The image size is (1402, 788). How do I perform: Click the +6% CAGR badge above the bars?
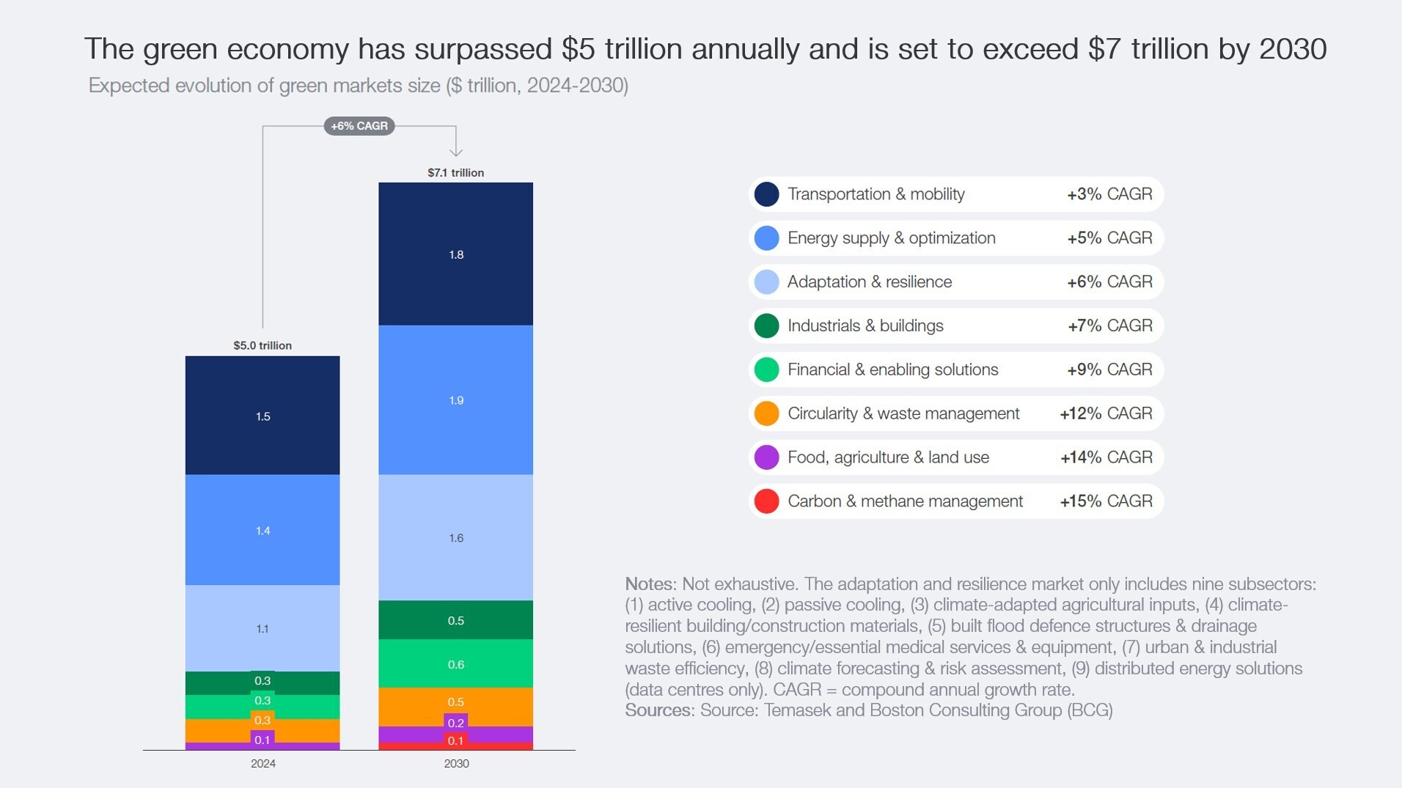359,126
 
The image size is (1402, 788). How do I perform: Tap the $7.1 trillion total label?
455,173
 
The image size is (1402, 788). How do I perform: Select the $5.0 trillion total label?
263,345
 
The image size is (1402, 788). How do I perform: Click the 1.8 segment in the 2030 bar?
455,254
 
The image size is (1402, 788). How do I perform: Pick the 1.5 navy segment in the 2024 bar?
263,416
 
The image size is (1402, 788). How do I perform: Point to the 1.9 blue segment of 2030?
455,400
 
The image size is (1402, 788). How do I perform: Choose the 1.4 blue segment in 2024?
263,530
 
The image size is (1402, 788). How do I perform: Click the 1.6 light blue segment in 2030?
455,538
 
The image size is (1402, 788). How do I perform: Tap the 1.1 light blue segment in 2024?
263,628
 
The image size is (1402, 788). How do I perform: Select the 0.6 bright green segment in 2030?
455,664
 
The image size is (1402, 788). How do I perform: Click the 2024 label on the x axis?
263,764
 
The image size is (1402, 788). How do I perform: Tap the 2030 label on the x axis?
456,764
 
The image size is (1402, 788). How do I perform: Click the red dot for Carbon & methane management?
766,501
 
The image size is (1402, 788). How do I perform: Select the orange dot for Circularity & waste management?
766,413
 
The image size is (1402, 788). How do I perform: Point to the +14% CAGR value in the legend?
1106,457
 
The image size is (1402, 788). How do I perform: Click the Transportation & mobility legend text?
876,194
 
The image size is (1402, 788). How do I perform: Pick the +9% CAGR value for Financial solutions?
1109,369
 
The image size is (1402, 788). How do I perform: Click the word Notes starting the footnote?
649,584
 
